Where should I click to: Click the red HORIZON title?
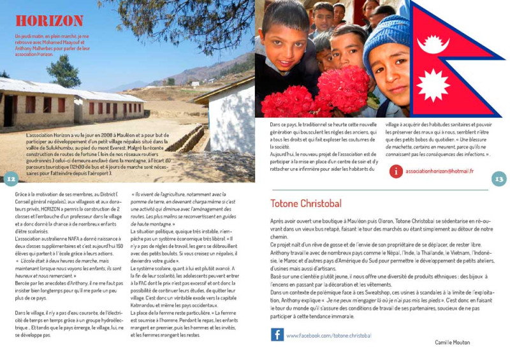[x=49, y=21]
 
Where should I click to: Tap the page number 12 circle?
[x=10, y=179]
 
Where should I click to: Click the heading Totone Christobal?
[x=306, y=204]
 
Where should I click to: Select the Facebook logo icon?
[x=277, y=335]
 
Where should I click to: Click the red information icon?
[x=396, y=171]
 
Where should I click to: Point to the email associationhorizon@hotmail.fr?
[x=439, y=171]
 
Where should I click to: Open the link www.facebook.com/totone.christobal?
[x=329, y=335]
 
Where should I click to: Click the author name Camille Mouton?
[x=453, y=342]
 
